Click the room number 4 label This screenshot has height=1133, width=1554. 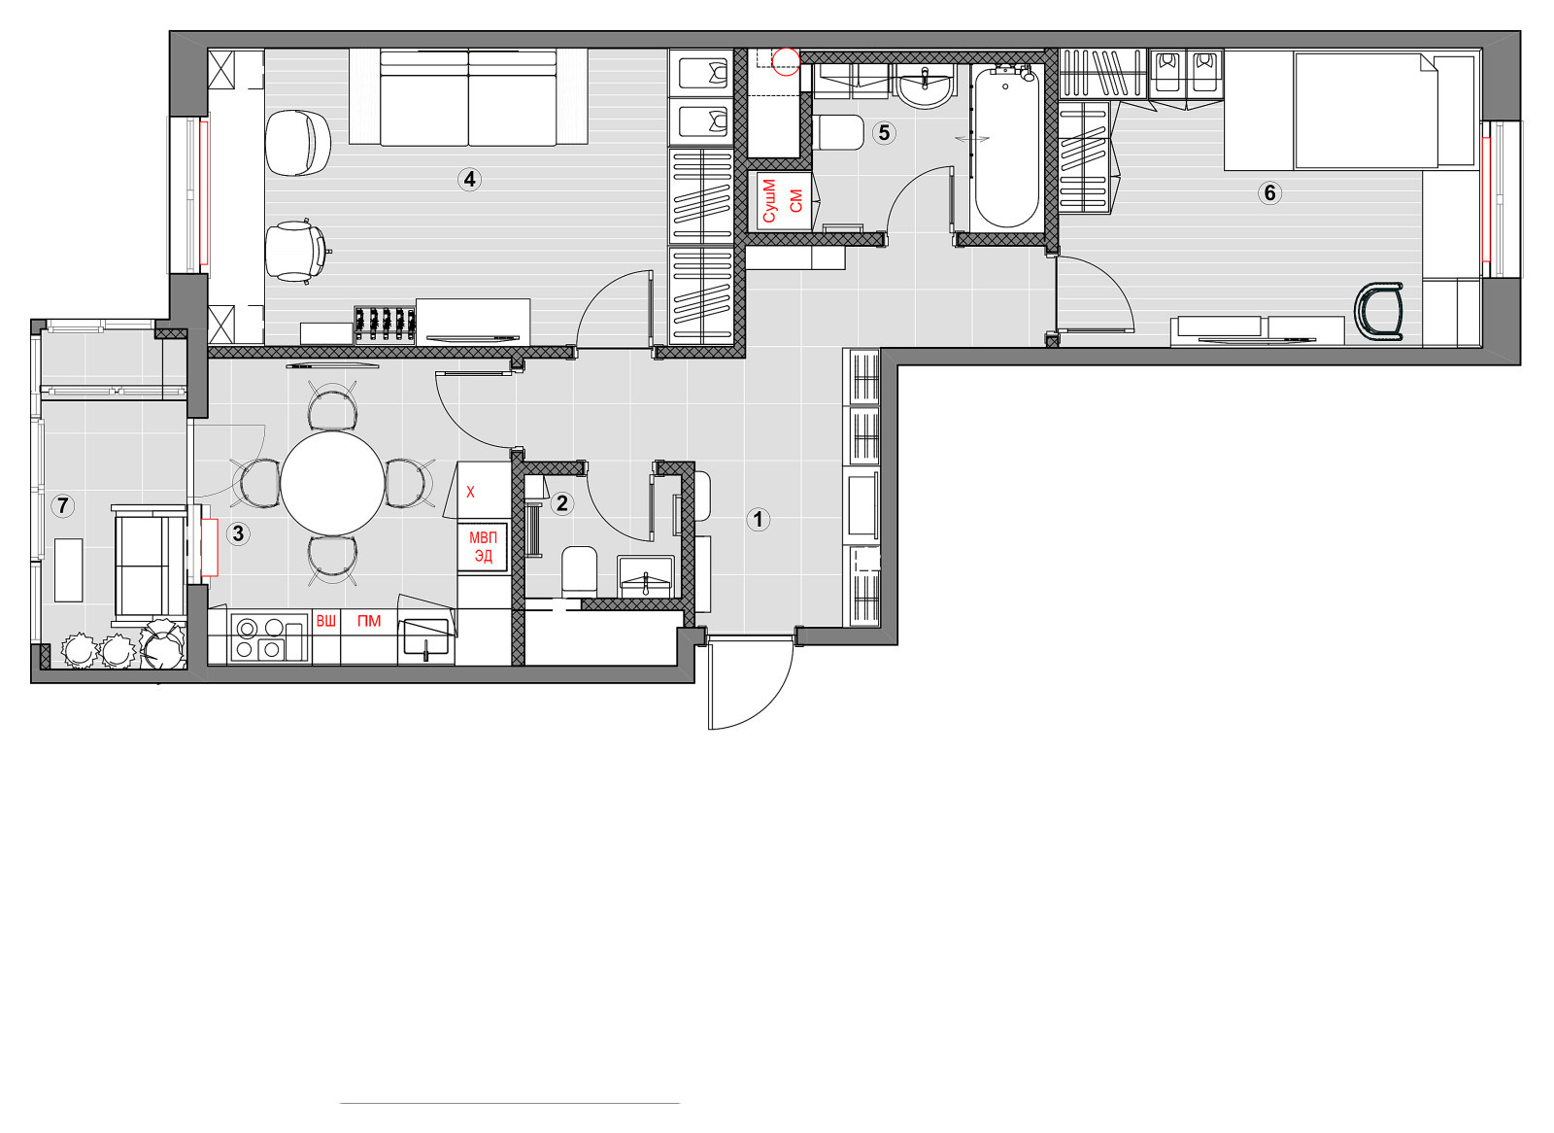(x=470, y=180)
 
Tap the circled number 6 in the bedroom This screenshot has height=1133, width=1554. (x=1269, y=193)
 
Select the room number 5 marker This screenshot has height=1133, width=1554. (x=884, y=132)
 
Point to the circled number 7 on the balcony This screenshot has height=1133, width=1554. (x=63, y=505)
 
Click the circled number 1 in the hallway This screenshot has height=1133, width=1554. (x=758, y=519)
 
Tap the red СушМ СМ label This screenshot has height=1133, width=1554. (x=783, y=200)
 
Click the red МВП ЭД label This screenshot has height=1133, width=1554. (x=483, y=547)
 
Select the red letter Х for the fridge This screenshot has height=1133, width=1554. (x=470, y=493)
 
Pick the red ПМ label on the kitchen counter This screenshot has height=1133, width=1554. (x=369, y=621)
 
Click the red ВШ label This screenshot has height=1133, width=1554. (x=325, y=621)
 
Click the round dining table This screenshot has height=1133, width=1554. (x=332, y=483)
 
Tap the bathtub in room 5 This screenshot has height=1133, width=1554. (x=1006, y=147)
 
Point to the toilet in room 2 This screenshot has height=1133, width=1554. (x=579, y=571)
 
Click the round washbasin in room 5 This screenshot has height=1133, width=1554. (x=925, y=88)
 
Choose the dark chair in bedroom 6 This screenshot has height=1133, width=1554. (x=1379, y=311)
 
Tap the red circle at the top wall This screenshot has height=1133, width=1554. (x=787, y=61)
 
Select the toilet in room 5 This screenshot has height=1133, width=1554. (x=837, y=132)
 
